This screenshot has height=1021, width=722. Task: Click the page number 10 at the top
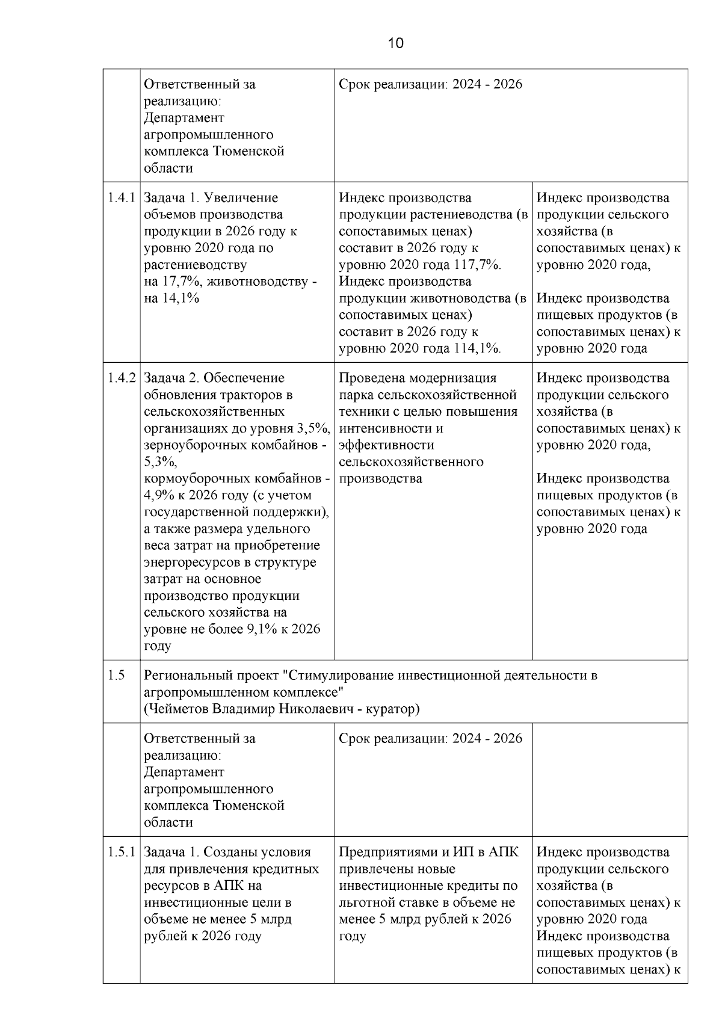(x=396, y=43)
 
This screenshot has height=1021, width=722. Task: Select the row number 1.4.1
(x=121, y=198)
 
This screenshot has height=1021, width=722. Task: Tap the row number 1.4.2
(x=121, y=378)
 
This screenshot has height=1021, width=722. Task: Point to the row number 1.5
(x=116, y=676)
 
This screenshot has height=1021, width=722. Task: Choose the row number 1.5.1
(x=121, y=853)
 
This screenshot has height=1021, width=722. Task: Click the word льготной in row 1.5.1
(x=365, y=902)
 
